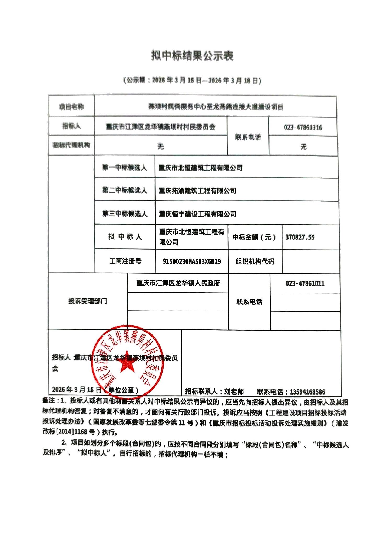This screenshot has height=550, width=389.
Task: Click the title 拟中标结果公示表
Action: coord(192,56)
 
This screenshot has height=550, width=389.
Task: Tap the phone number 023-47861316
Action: coord(303,128)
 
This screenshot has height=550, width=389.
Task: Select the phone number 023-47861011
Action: coord(305,283)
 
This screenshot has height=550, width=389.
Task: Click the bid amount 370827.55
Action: coord(300,237)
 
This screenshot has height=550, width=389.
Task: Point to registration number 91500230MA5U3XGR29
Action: coord(192,262)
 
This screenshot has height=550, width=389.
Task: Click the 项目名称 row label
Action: coord(71,107)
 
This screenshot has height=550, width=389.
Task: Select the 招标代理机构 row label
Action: coord(71,145)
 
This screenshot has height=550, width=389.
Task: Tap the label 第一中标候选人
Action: coord(125,168)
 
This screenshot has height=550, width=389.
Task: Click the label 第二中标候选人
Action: coord(125,190)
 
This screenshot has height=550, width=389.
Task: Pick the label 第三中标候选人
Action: coord(125,214)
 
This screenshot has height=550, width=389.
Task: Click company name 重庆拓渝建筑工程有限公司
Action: coord(197,191)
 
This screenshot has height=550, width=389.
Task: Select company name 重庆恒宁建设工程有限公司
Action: coord(198,214)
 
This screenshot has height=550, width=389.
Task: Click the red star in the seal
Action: coord(126,362)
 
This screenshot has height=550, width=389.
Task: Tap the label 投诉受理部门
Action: coord(88,301)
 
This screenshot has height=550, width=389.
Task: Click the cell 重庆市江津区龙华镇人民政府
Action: coord(178,283)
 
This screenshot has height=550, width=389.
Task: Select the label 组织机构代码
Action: coord(255,262)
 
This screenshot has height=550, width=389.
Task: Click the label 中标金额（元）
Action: coord(254,237)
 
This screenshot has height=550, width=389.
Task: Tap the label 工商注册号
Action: coord(125,261)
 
